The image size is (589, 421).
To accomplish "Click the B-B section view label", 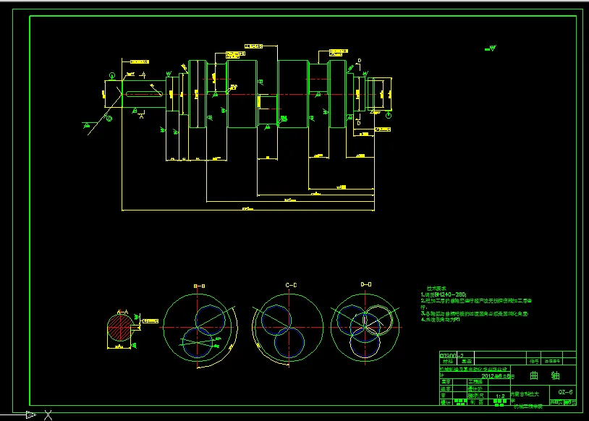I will coord(200,286).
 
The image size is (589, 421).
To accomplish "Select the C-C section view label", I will coord(291,286).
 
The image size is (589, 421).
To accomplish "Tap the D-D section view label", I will coord(365,286).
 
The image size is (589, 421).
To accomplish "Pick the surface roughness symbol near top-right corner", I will coord(492,48).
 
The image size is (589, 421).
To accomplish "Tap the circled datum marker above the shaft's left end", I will coord(112,76).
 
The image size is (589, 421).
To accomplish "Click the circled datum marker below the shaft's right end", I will coord(389,115).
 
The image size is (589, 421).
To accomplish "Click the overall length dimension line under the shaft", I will coord(246,210).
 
